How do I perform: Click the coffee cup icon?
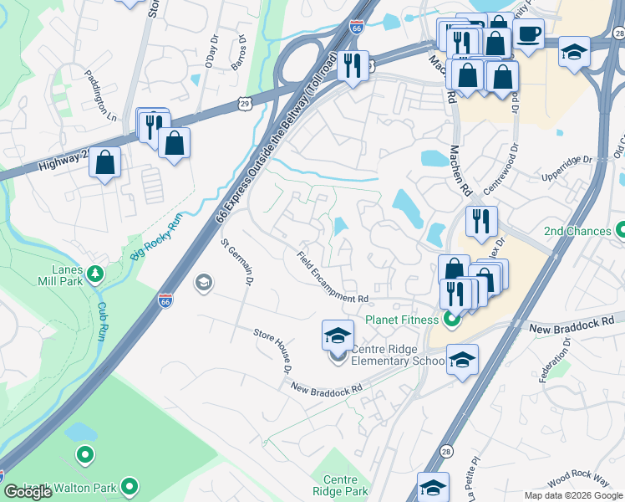pyautogui.click(x=528, y=34)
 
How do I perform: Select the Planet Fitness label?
pyautogui.click(x=401, y=320)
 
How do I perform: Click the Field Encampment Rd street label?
pyautogui.click(x=333, y=277)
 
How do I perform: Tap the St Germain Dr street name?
pyautogui.click(x=236, y=261)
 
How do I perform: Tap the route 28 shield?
pyautogui.click(x=447, y=451)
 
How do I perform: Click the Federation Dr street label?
pyautogui.click(x=555, y=360)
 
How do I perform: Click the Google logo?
pyautogui.click(x=28, y=492)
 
